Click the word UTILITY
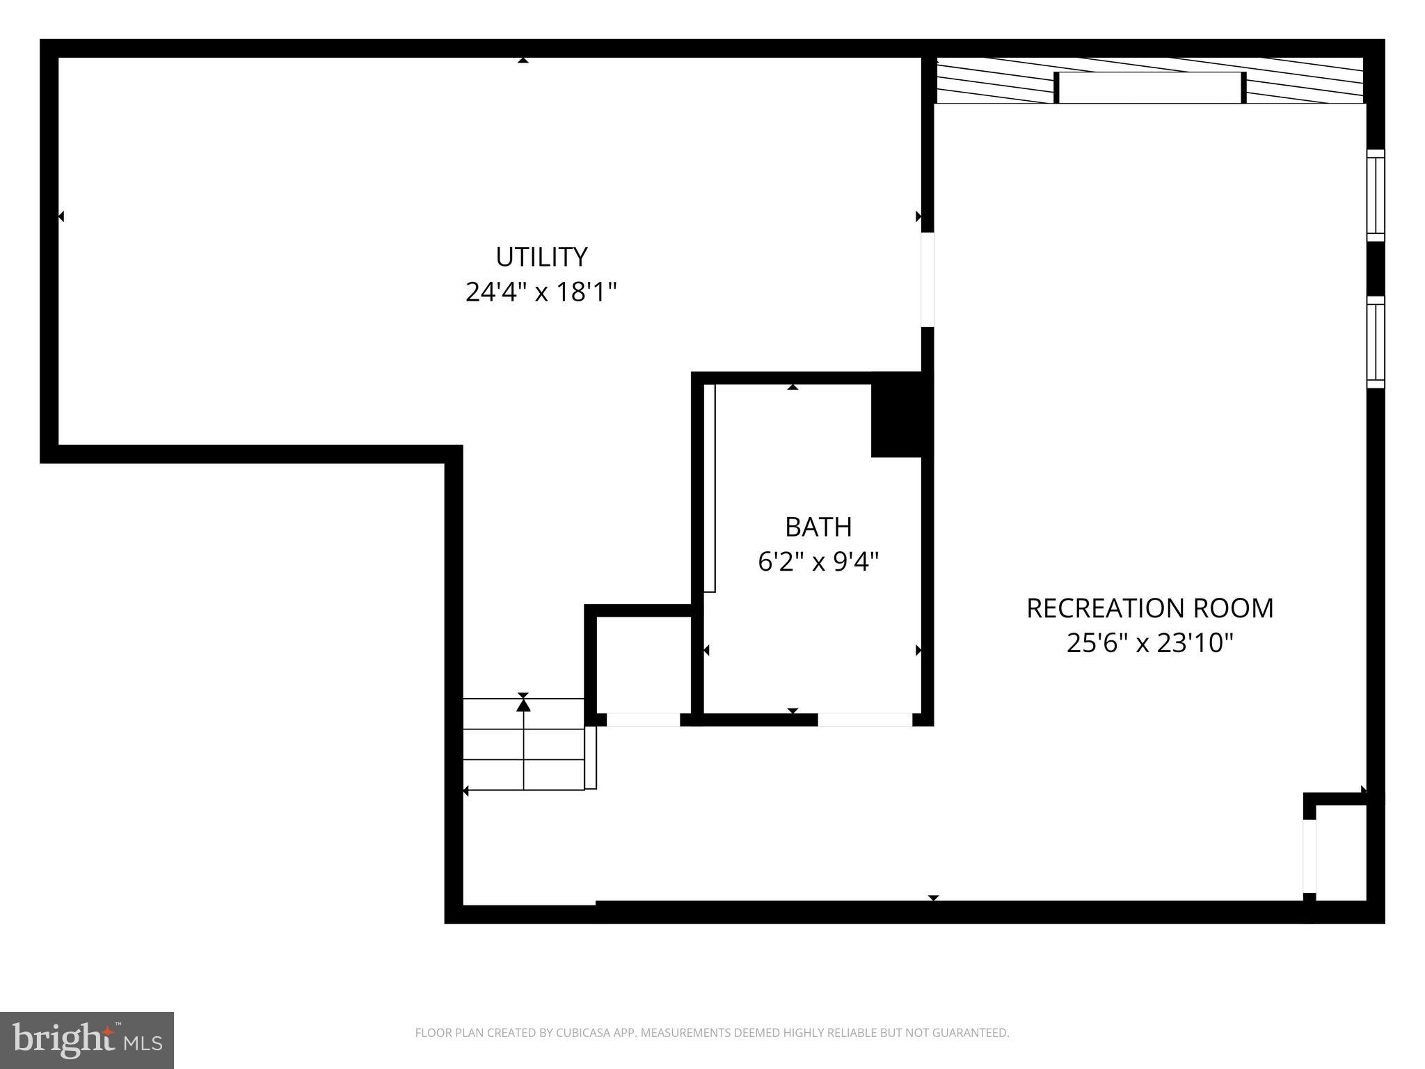point(541,257)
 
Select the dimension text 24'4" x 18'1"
point(541,292)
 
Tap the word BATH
point(818,527)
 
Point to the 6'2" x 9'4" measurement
point(818,561)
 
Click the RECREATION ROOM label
point(1149,608)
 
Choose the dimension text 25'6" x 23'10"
point(1149,643)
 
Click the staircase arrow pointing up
point(523,706)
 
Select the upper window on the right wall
point(1376,196)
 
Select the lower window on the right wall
point(1376,342)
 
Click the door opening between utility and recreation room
point(928,279)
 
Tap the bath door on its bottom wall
point(864,720)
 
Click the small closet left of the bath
point(644,664)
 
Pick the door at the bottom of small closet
point(643,720)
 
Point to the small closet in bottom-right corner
point(1341,853)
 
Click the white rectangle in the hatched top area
point(1149,88)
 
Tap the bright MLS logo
point(87,1040)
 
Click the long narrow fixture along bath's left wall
point(710,487)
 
